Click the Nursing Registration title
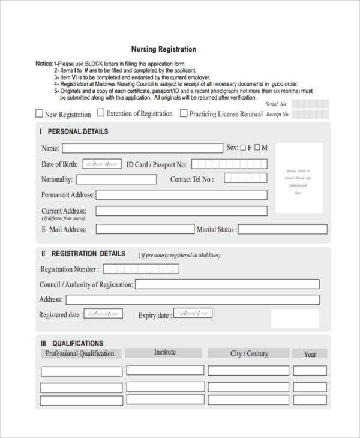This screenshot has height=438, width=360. tap(164, 49)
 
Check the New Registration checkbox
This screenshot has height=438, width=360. tap(40, 113)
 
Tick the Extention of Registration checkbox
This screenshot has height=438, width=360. tap(101, 112)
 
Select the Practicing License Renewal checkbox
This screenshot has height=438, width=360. tap(184, 113)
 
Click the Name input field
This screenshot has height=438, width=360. tap(142, 148)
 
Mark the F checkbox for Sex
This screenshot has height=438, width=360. tap(243, 148)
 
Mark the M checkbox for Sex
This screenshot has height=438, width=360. tap(257, 148)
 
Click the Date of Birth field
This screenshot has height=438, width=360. tap(102, 164)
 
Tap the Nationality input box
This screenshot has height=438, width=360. tap(116, 179)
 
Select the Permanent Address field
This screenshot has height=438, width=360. tap(182, 195)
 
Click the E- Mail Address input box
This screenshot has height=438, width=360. tap(145, 229)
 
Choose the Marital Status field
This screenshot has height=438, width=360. tap(283, 229)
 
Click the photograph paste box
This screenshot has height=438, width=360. tap(299, 178)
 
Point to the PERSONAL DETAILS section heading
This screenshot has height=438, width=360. tap(77, 131)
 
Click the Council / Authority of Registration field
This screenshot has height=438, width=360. tap(227, 284)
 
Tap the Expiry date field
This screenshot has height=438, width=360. tap(193, 313)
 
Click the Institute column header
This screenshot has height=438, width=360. tap(164, 353)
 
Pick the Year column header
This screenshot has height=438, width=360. tap(310, 354)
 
